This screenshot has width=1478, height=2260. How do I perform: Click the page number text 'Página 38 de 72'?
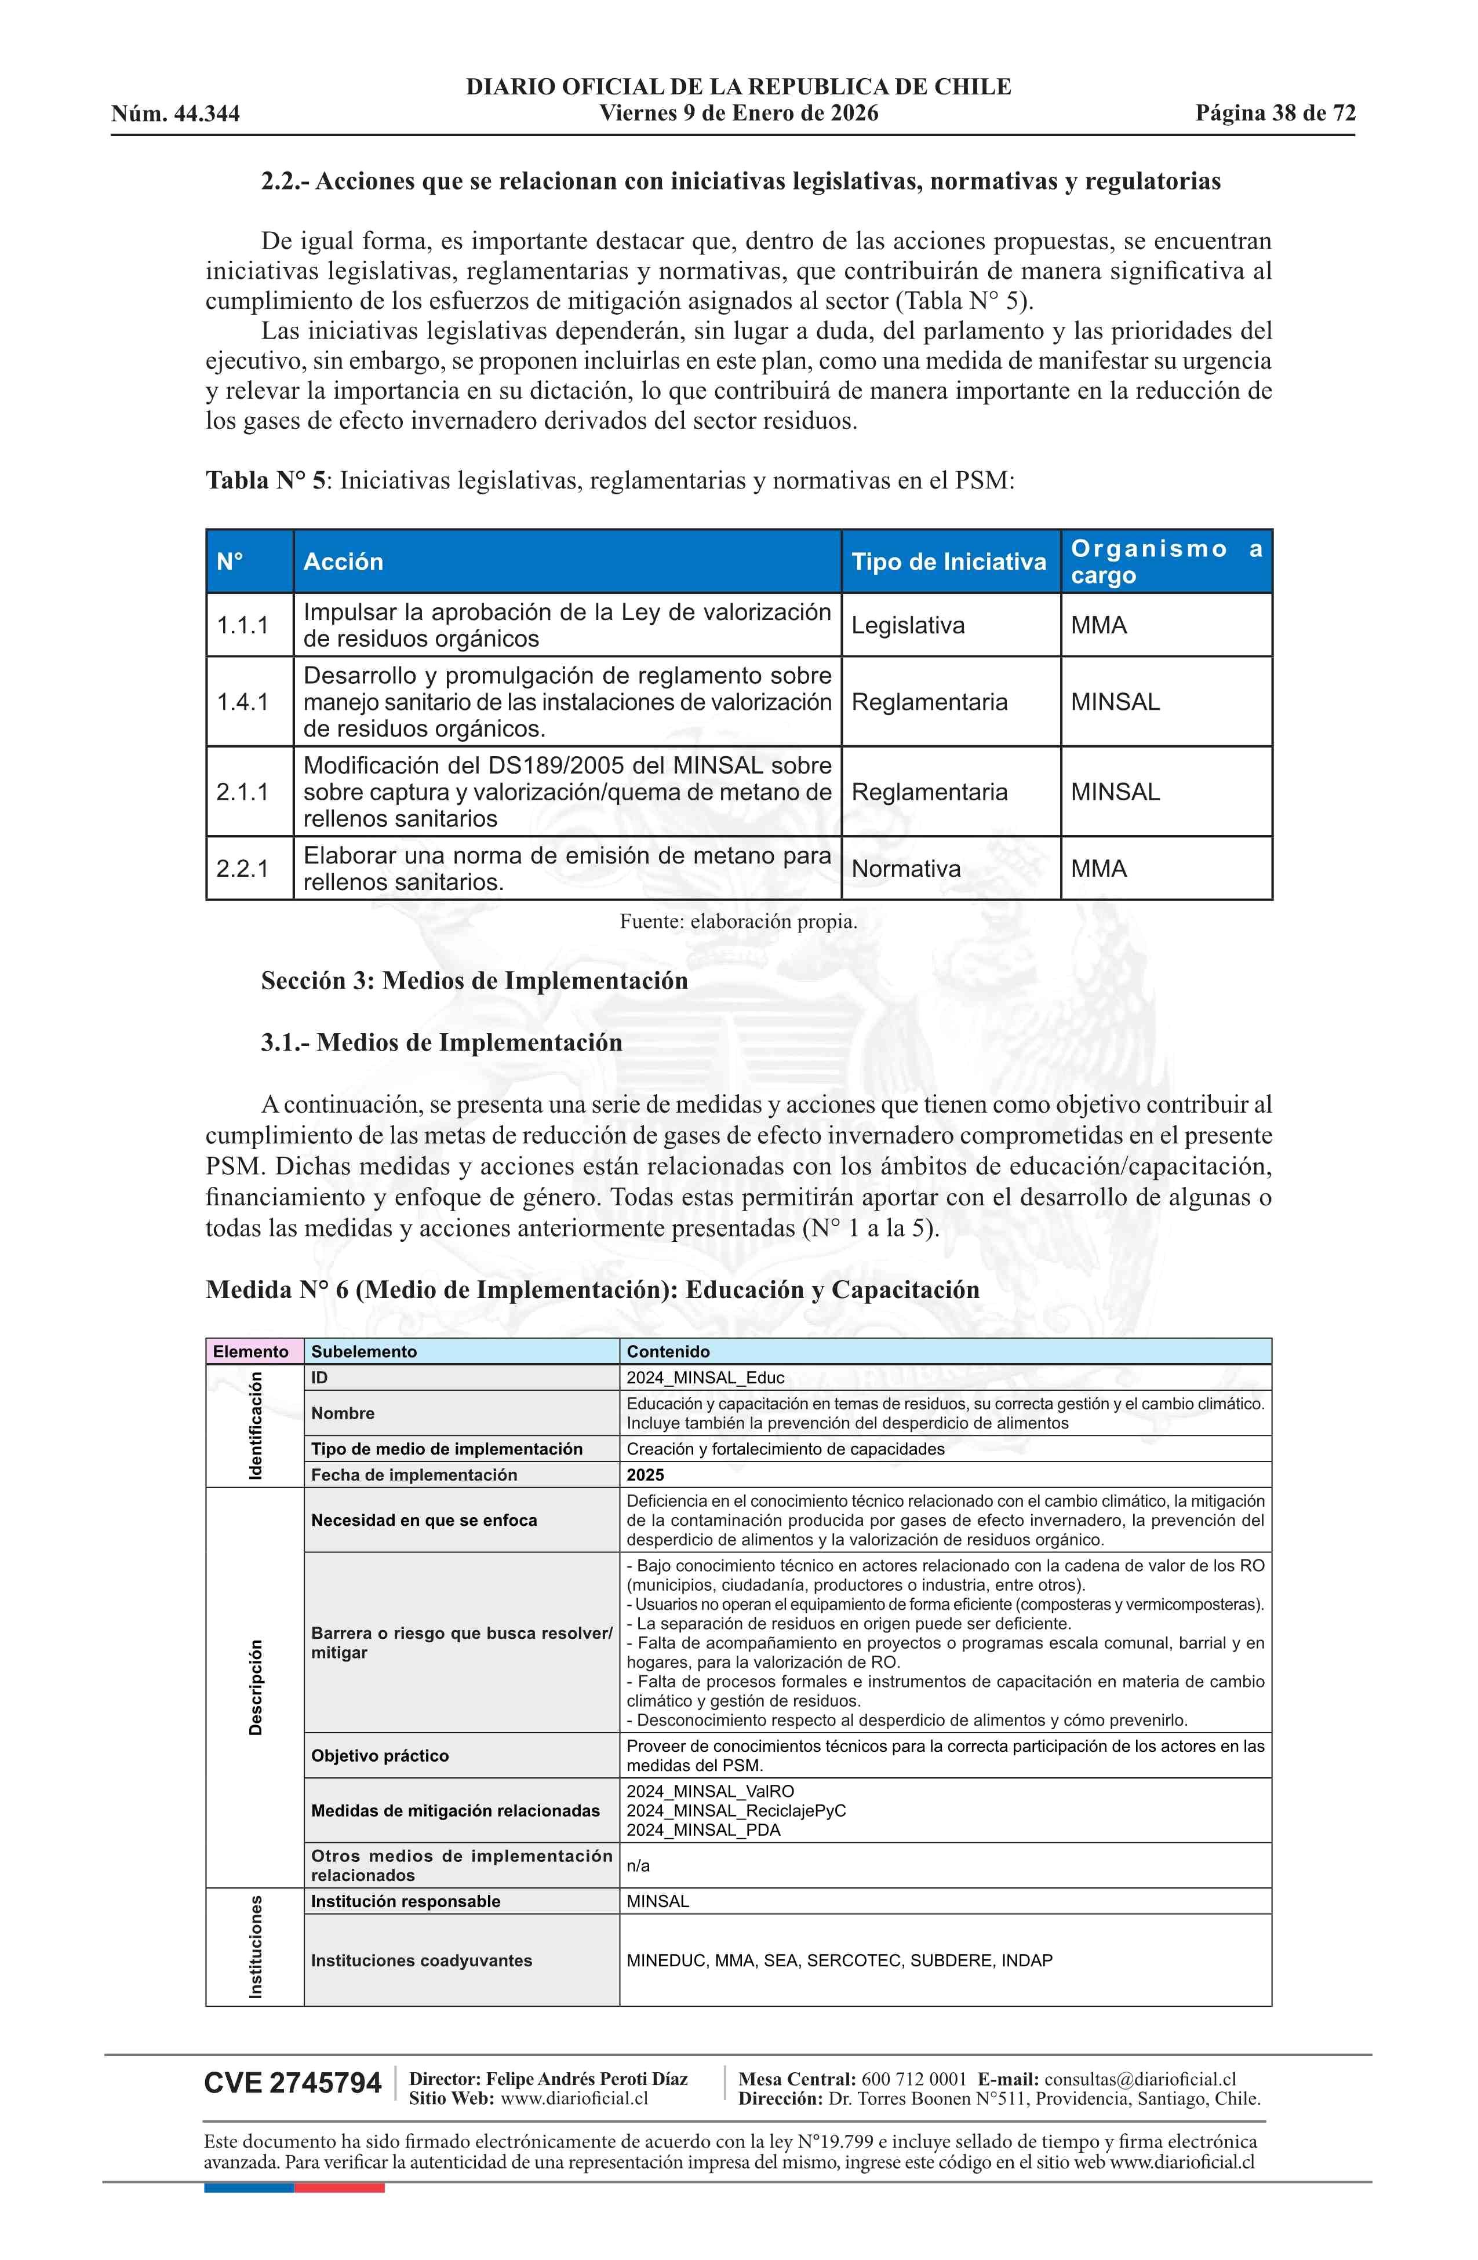point(1275,114)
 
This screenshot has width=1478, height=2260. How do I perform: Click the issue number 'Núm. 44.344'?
point(176,115)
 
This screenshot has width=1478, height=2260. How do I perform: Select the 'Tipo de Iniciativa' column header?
point(948,562)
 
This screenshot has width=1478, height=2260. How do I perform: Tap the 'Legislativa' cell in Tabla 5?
point(908,626)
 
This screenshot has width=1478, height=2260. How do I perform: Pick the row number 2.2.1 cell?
point(243,869)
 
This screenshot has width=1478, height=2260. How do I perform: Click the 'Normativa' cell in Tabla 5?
point(906,869)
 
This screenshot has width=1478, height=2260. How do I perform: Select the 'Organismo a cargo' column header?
point(1166,562)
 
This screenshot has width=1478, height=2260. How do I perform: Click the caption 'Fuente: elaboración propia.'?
point(738,921)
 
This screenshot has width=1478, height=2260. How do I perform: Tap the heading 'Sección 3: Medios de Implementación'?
point(474,981)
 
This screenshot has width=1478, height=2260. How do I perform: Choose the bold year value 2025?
point(646,1475)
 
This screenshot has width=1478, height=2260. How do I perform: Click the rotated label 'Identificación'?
point(256,1426)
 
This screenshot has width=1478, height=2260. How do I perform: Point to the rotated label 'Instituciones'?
point(256,1946)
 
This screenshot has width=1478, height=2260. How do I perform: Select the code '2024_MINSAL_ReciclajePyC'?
point(736,1811)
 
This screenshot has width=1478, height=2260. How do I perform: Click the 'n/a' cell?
point(638,1866)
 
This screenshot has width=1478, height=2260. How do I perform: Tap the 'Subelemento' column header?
point(364,1351)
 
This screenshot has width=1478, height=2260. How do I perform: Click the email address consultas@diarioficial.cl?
point(1140,2080)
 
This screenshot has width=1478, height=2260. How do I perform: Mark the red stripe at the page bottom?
point(339,2188)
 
